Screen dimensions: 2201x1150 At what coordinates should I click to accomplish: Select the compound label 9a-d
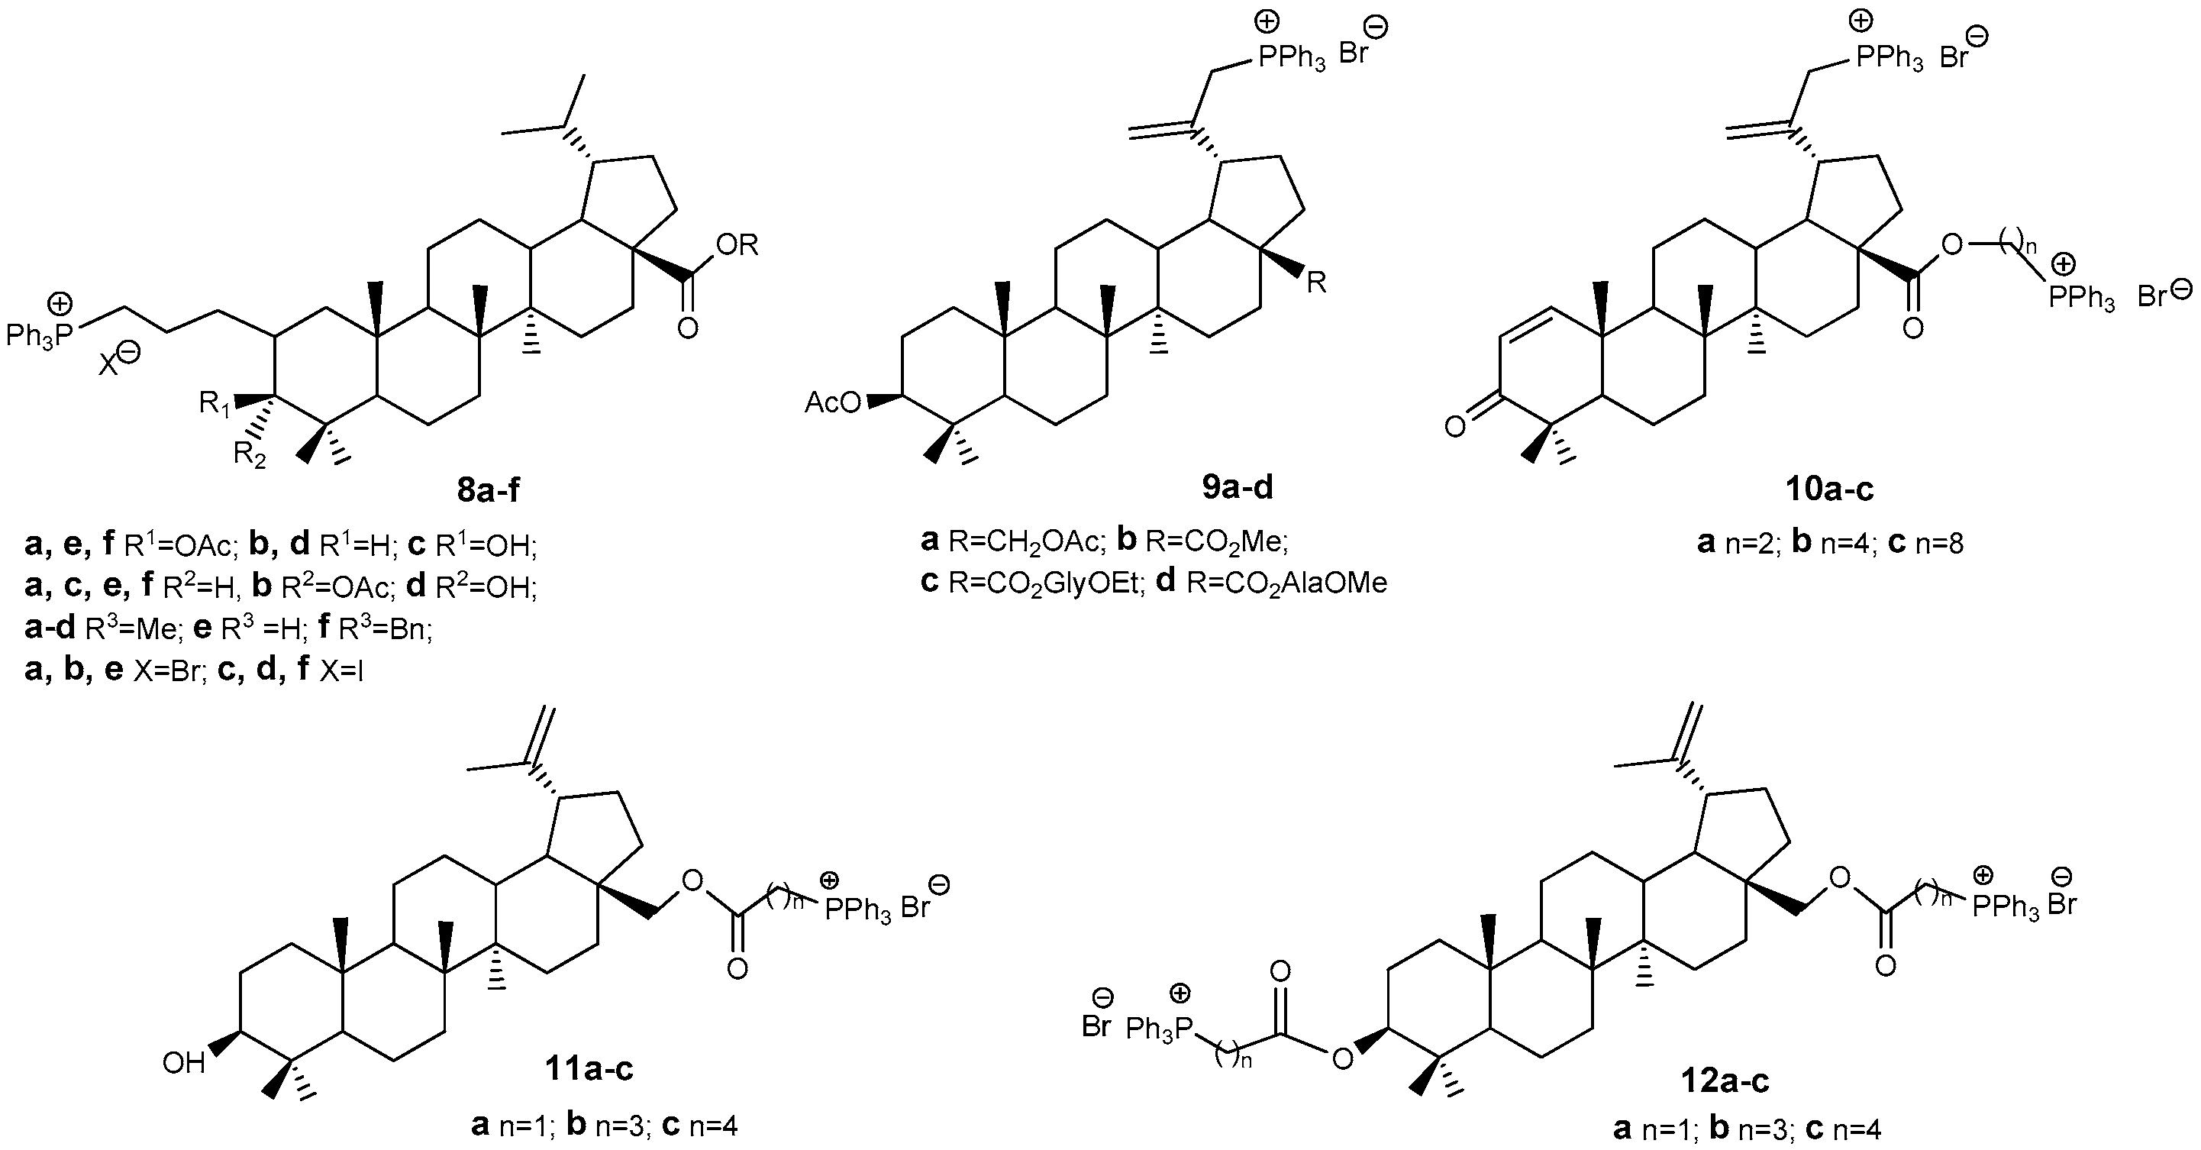click(x=1238, y=487)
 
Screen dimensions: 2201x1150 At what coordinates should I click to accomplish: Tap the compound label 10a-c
click(x=1828, y=489)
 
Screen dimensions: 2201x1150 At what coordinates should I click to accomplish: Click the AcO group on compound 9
click(x=833, y=402)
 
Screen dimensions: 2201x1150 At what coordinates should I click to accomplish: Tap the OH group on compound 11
click(x=184, y=1064)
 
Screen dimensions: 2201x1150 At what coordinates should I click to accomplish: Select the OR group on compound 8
click(x=737, y=245)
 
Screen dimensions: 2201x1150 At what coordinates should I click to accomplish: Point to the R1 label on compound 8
click(x=215, y=403)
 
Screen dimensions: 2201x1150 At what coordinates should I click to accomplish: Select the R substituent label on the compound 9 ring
click(x=1317, y=283)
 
